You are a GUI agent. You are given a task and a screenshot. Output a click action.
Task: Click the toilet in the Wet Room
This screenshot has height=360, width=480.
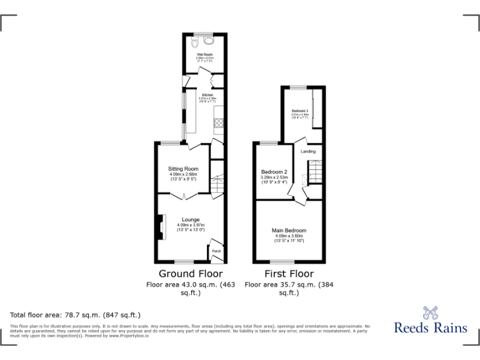coord(196,41)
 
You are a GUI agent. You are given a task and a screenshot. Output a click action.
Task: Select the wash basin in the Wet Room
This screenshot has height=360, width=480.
coord(208,41)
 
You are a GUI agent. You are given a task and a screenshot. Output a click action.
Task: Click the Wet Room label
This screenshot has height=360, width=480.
coord(204,54)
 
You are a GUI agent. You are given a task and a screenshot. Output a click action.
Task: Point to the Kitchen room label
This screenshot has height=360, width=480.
coord(207,95)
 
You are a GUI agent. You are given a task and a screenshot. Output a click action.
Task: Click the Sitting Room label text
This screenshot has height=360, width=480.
coord(183,169)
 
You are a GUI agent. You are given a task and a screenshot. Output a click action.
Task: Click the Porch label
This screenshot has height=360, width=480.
coord(216,251)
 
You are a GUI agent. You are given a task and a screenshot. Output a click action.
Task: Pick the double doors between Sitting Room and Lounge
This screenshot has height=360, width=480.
coord(183,196)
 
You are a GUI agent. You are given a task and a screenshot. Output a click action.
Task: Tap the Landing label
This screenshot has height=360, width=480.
coord(308,151)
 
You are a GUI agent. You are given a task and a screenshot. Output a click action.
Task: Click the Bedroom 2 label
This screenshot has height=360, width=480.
coord(274,172)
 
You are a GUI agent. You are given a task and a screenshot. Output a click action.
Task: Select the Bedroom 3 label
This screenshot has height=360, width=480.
coord(300,111)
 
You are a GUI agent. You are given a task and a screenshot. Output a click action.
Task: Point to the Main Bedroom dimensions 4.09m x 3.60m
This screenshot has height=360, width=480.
coord(289,236)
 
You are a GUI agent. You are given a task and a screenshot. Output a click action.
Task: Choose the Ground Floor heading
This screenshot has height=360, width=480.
coord(191,274)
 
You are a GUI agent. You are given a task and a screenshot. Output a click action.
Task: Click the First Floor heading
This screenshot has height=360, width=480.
coord(289,274)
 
